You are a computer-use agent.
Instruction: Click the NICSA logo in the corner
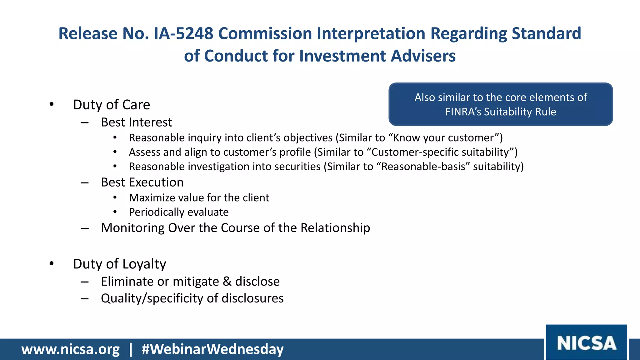(586, 343)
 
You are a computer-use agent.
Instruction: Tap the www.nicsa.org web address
(70, 349)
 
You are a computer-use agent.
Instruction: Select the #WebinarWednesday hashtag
(212, 349)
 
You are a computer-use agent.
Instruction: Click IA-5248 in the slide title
(184, 33)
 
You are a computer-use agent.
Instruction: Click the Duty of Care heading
(111, 105)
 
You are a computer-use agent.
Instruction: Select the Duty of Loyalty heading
(119, 264)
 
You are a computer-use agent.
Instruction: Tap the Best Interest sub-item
(136, 122)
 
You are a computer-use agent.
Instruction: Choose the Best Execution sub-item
(142, 182)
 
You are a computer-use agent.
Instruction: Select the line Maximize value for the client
(199, 198)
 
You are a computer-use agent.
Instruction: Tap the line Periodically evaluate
(179, 212)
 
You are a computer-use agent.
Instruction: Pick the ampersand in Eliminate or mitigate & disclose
(227, 282)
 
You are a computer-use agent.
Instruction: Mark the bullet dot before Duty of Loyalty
(52, 264)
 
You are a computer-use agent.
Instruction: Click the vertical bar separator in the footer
(131, 349)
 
